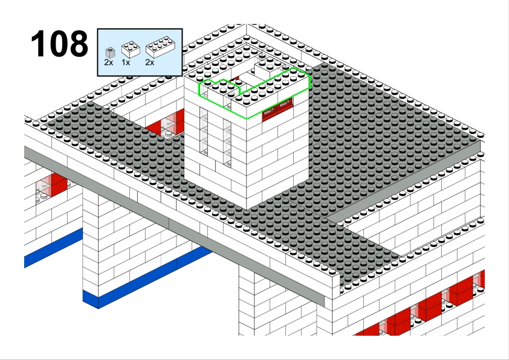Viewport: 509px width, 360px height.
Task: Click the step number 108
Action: pos(59,43)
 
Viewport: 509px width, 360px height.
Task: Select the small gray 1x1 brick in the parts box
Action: pos(110,53)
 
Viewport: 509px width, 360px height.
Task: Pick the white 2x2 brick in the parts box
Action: pos(131,50)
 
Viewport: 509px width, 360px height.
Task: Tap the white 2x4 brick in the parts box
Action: pos(160,47)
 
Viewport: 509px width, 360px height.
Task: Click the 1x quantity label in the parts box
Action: pos(126,63)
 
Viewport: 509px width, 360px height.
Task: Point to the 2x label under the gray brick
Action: pos(109,63)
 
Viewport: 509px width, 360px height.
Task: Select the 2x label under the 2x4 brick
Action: pos(150,63)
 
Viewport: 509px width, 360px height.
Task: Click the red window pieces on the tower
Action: pos(277,109)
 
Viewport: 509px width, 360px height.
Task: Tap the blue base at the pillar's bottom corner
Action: pos(91,300)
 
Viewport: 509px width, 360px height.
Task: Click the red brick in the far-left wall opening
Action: pos(59,184)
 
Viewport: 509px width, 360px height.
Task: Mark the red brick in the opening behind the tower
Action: pos(166,123)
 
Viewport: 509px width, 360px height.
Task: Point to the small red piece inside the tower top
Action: pos(235,79)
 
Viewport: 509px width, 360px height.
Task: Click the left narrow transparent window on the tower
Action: pos(204,131)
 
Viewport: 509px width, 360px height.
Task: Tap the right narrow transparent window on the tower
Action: pos(227,143)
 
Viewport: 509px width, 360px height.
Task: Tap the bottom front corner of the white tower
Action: pos(247,210)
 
